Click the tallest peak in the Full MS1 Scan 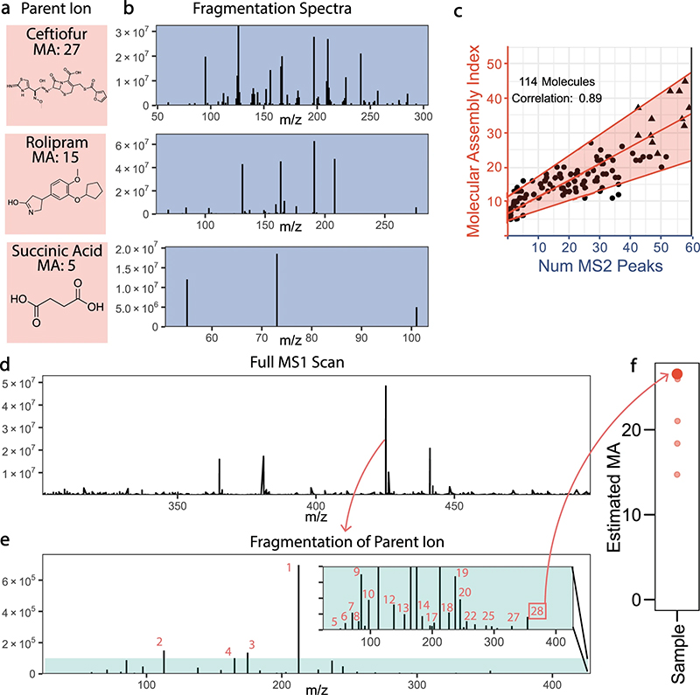click(x=386, y=389)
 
